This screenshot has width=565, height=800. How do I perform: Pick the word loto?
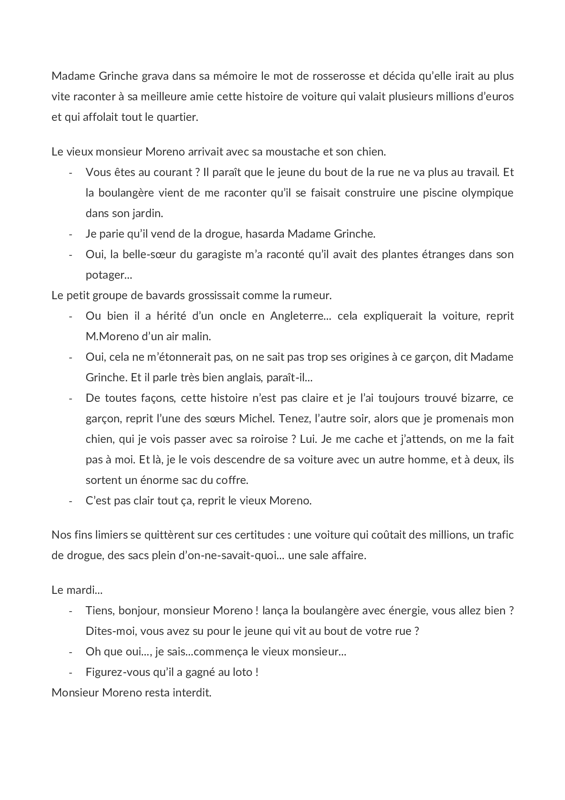pos(247,672)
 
